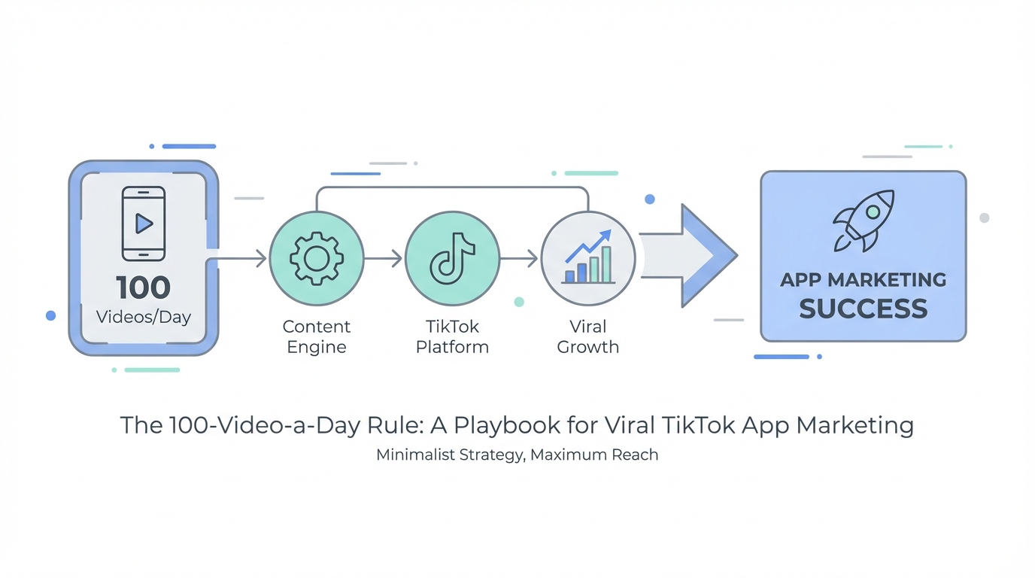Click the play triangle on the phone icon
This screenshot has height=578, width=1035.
click(x=144, y=224)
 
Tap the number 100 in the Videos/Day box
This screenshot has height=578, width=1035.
click(x=143, y=287)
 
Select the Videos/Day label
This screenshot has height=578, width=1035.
click(x=144, y=317)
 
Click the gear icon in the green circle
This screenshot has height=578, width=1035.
click(x=317, y=258)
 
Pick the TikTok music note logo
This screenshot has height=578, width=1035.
click(x=452, y=258)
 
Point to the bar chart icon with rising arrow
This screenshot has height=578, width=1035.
click(x=588, y=257)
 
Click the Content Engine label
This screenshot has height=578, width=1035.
click(x=317, y=336)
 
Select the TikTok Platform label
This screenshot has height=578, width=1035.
click(x=452, y=336)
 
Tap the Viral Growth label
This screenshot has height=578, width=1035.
click(x=587, y=336)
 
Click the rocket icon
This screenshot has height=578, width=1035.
click(x=863, y=221)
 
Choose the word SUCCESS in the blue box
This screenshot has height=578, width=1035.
click(x=863, y=309)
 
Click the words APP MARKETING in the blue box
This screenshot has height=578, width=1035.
click(x=863, y=280)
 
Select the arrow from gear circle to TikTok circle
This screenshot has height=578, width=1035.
click(x=383, y=258)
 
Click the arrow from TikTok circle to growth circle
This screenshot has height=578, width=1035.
click(x=518, y=258)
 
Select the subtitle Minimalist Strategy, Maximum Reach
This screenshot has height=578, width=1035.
click(x=517, y=455)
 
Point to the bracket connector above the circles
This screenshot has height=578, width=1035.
click(x=452, y=187)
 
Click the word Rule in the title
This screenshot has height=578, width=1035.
click(x=394, y=424)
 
